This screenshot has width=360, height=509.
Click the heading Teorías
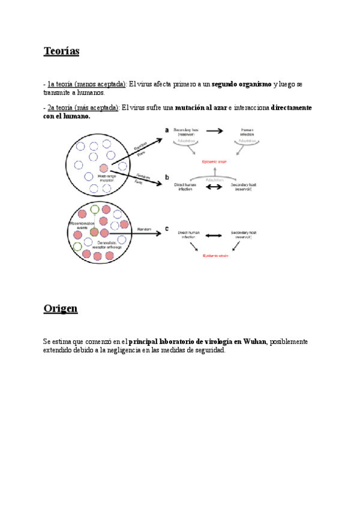coord(61,51)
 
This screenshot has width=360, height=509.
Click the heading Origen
coord(60,309)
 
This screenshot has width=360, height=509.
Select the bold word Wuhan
coord(254,342)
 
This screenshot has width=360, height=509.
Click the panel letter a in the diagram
coord(167,130)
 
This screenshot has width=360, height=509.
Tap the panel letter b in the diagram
coord(167,178)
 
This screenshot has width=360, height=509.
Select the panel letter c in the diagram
coord(167,228)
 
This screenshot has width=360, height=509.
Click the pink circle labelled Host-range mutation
coord(104,168)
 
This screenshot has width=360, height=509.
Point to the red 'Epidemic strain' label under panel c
coord(215,256)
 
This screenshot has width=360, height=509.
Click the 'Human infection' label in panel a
coord(247,132)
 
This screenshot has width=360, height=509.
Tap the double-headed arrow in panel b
coord(213,187)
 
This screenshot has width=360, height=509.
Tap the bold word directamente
coord(291,107)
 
